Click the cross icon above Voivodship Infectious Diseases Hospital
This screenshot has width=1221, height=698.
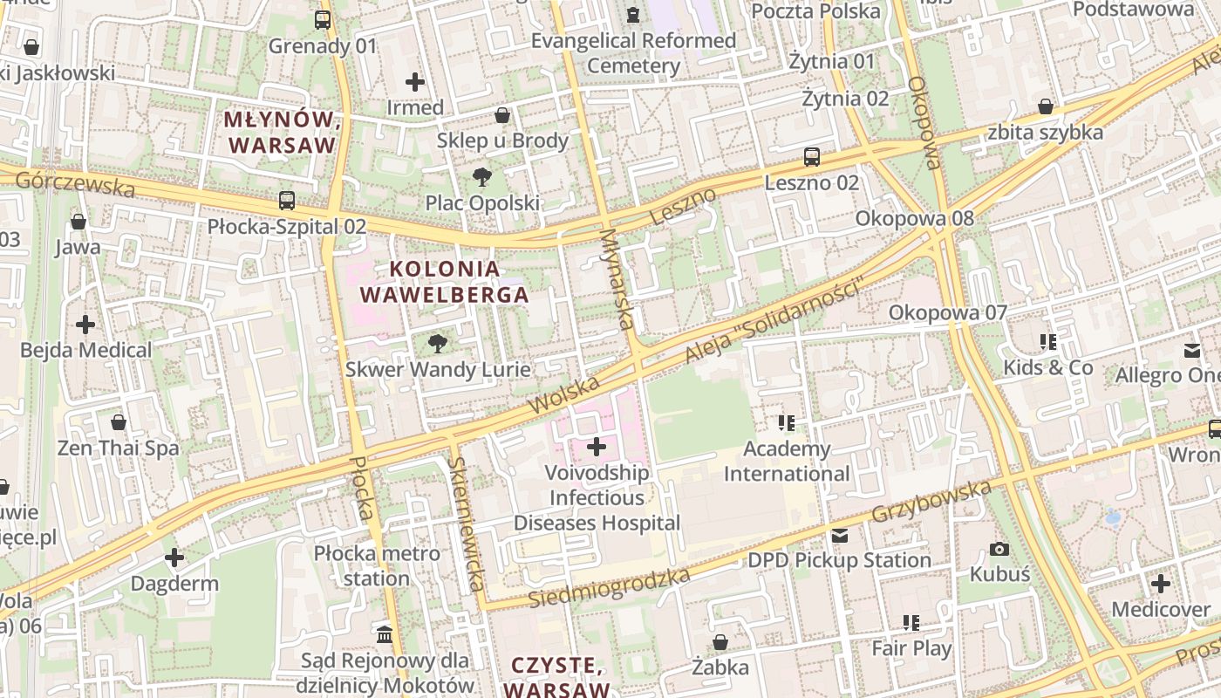[597, 448]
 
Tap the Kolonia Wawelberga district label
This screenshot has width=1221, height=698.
[445, 282]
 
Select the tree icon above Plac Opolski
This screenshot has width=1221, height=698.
[481, 177]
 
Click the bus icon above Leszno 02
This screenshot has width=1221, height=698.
[812, 157]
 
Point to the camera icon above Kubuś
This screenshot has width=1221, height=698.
[999, 549]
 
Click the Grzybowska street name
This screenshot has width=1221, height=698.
[931, 501]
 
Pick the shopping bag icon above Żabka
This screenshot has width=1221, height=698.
[720, 643]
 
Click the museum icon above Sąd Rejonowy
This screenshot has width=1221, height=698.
[385, 633]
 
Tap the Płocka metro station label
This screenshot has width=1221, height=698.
[377, 565]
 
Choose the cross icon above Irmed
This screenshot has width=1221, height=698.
[415, 82]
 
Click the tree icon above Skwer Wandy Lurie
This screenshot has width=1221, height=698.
[438, 344]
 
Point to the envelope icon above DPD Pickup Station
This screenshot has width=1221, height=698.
[839, 535]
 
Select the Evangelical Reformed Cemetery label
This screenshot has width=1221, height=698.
[634, 53]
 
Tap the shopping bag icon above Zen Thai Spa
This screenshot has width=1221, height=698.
[119, 423]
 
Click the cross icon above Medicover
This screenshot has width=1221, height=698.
[1160, 584]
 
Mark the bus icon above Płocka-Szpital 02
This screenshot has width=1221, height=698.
[287, 201]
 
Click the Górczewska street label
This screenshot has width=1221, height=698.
[75, 183]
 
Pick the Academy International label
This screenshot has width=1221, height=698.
[787, 462]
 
